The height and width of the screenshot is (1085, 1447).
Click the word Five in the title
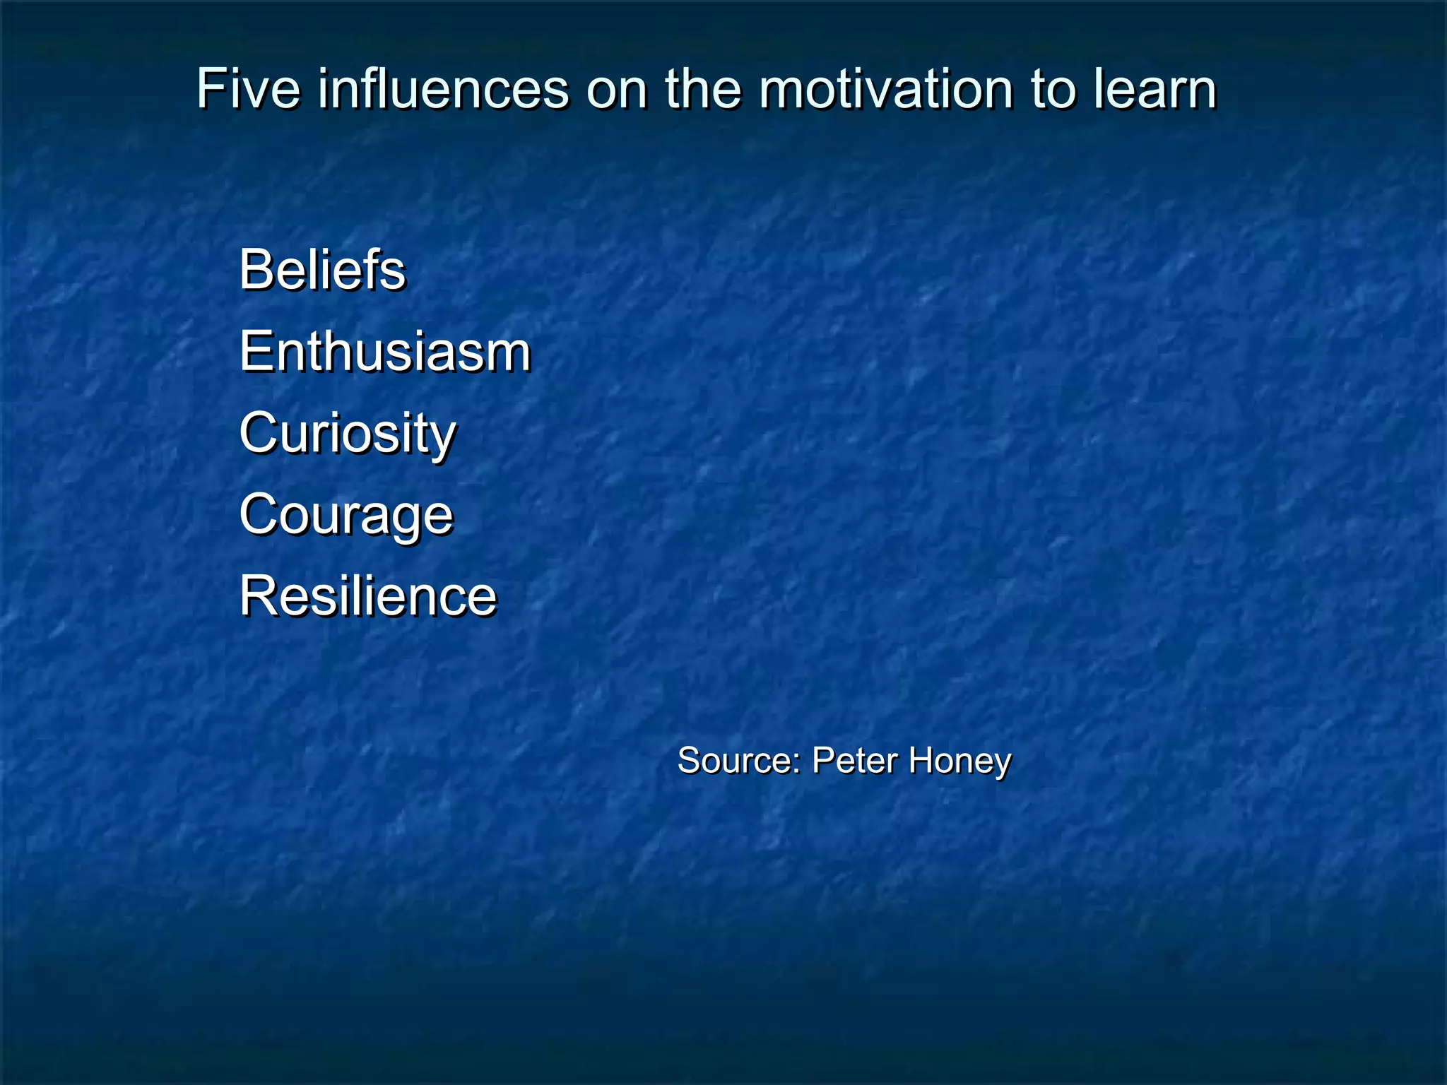[248, 89]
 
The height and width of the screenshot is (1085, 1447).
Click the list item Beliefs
[322, 270]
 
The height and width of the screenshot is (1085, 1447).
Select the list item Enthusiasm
[385, 351]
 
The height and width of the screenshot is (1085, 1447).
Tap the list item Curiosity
[348, 433]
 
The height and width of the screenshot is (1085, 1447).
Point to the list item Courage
[346, 515]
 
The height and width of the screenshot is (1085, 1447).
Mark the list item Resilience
[368, 596]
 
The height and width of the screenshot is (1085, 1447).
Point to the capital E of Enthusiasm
[255, 351]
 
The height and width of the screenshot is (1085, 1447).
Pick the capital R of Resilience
[257, 596]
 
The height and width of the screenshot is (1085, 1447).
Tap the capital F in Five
[210, 89]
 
